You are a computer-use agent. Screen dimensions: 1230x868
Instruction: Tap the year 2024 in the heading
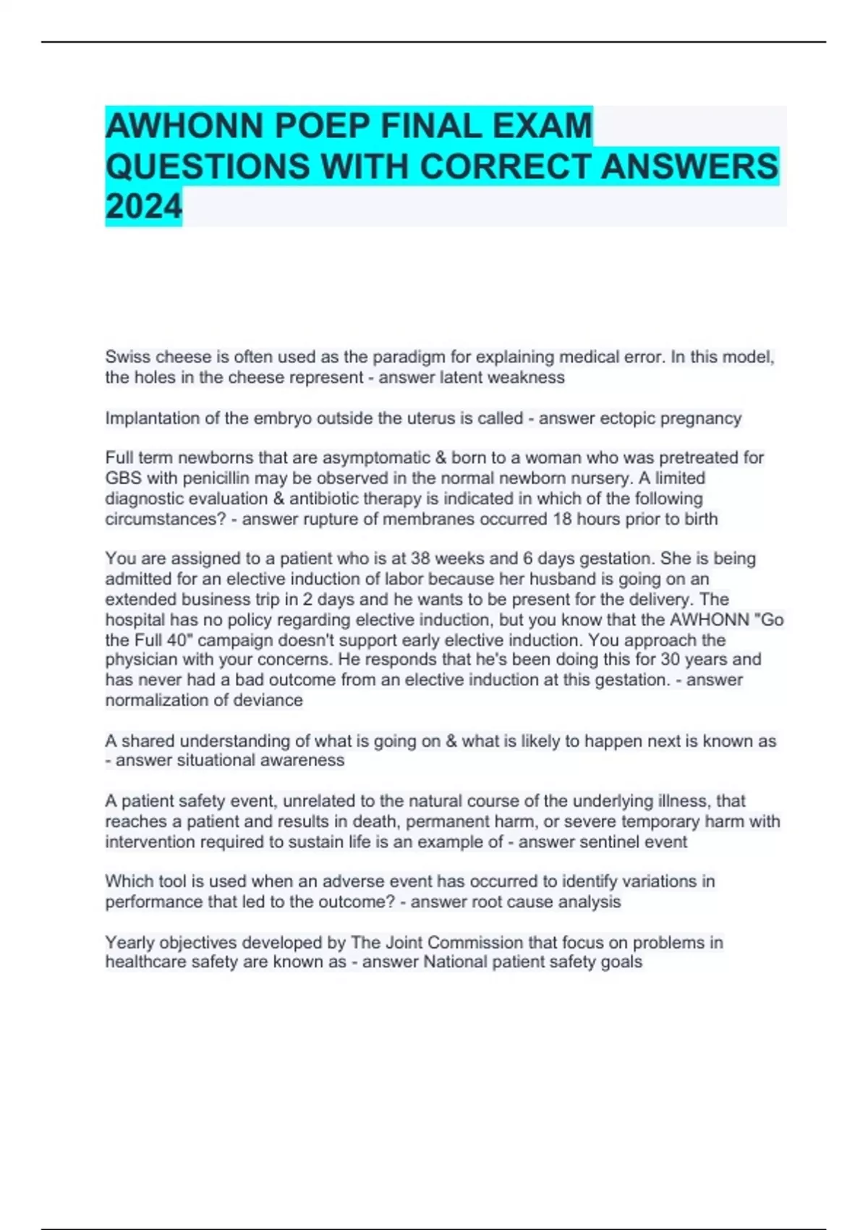[x=143, y=207]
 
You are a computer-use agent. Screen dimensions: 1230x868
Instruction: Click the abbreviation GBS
[x=124, y=478]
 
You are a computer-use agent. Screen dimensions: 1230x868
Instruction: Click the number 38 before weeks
[x=421, y=559]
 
